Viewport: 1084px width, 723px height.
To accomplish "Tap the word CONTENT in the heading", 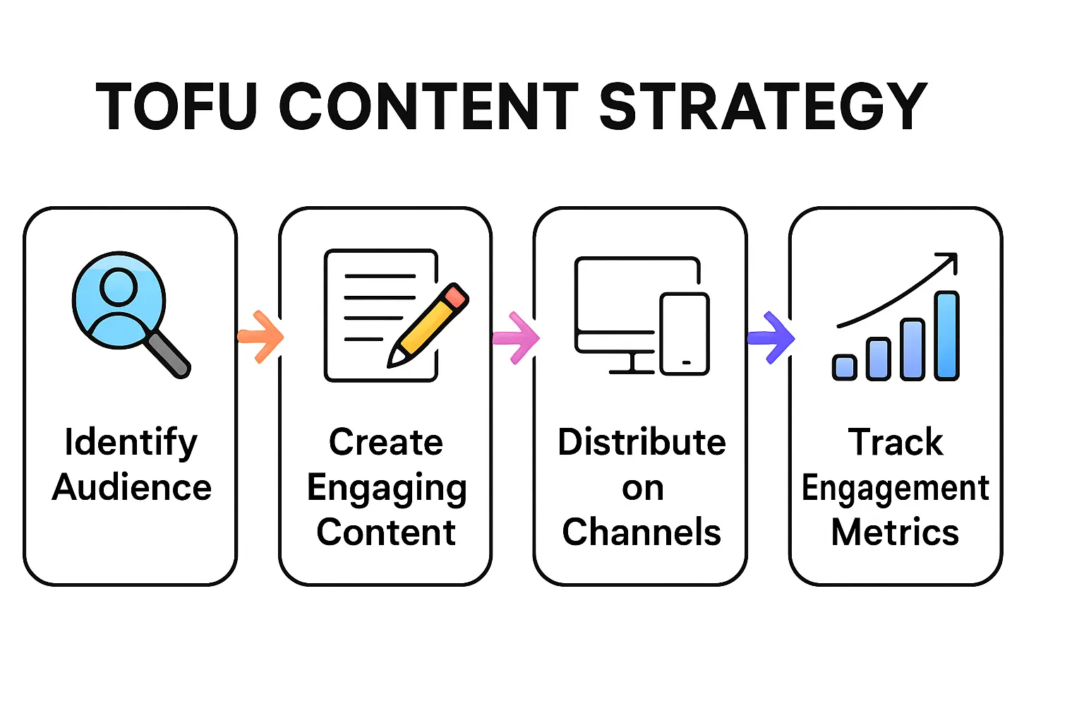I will click(429, 107).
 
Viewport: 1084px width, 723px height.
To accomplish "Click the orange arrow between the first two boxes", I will click(261, 337).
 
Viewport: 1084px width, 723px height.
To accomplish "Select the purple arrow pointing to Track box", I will click(772, 337).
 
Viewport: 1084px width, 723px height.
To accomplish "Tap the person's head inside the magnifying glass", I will click(119, 286).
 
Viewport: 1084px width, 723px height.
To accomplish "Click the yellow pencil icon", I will click(428, 325).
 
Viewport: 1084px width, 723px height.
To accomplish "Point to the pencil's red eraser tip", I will click(455, 295).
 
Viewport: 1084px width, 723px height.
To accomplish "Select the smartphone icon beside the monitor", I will click(685, 334).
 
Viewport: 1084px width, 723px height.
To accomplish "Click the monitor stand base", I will click(632, 369).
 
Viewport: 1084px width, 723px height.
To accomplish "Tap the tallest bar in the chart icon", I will click(946, 336).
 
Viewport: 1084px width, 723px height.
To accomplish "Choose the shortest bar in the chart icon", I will click(844, 367).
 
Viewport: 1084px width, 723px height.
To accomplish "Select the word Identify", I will click(131, 443).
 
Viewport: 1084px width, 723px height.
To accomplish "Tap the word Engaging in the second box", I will click(386, 489).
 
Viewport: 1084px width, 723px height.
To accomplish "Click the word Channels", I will click(641, 532).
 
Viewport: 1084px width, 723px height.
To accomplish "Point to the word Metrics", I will click(895, 532).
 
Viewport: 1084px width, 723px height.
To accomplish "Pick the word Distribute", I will click(641, 443).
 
